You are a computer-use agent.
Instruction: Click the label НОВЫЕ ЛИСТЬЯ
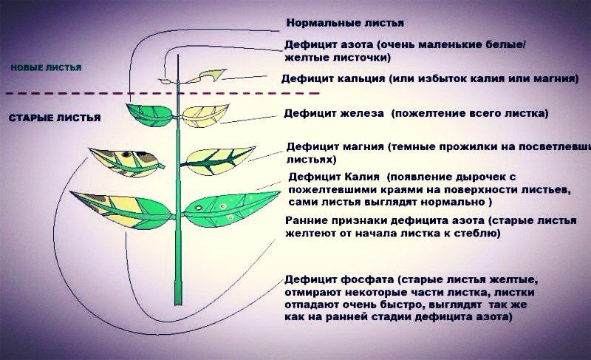46,67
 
